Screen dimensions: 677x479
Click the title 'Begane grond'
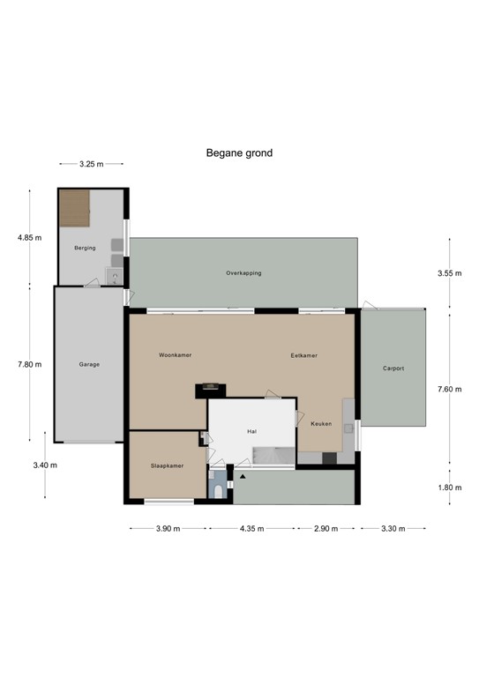point(239,153)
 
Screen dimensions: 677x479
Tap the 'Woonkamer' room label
point(175,355)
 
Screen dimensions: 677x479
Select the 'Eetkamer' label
point(303,355)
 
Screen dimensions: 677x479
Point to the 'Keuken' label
point(321,424)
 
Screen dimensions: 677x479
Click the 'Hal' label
point(251,431)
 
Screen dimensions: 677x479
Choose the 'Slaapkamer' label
point(167,465)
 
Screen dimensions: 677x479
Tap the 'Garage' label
point(89,363)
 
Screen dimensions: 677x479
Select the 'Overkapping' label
point(243,273)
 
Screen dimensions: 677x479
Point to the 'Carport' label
point(393,368)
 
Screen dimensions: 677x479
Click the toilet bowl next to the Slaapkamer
point(219,490)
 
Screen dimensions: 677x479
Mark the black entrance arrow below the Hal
point(241,477)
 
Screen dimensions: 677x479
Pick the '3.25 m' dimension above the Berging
point(90,164)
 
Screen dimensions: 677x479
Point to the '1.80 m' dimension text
point(450,487)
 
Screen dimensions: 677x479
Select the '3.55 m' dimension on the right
point(450,273)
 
